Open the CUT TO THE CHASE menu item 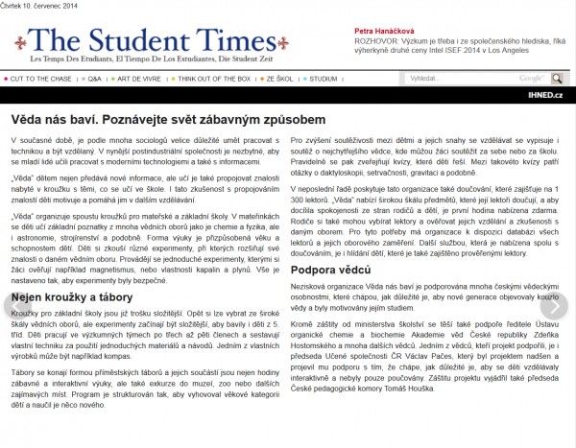[40, 78]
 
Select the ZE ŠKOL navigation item [279, 78]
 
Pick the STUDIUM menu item [324, 78]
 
